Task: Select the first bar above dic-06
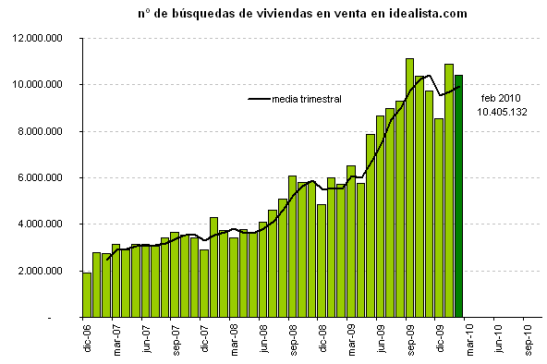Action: (x=87, y=295)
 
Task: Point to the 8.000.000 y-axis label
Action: (x=48, y=131)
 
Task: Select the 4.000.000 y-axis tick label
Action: (x=48, y=224)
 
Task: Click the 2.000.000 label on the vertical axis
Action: (x=48, y=271)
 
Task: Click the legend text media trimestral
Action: (x=307, y=99)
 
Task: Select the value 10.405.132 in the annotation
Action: (x=502, y=111)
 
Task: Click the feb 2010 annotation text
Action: (x=501, y=98)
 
